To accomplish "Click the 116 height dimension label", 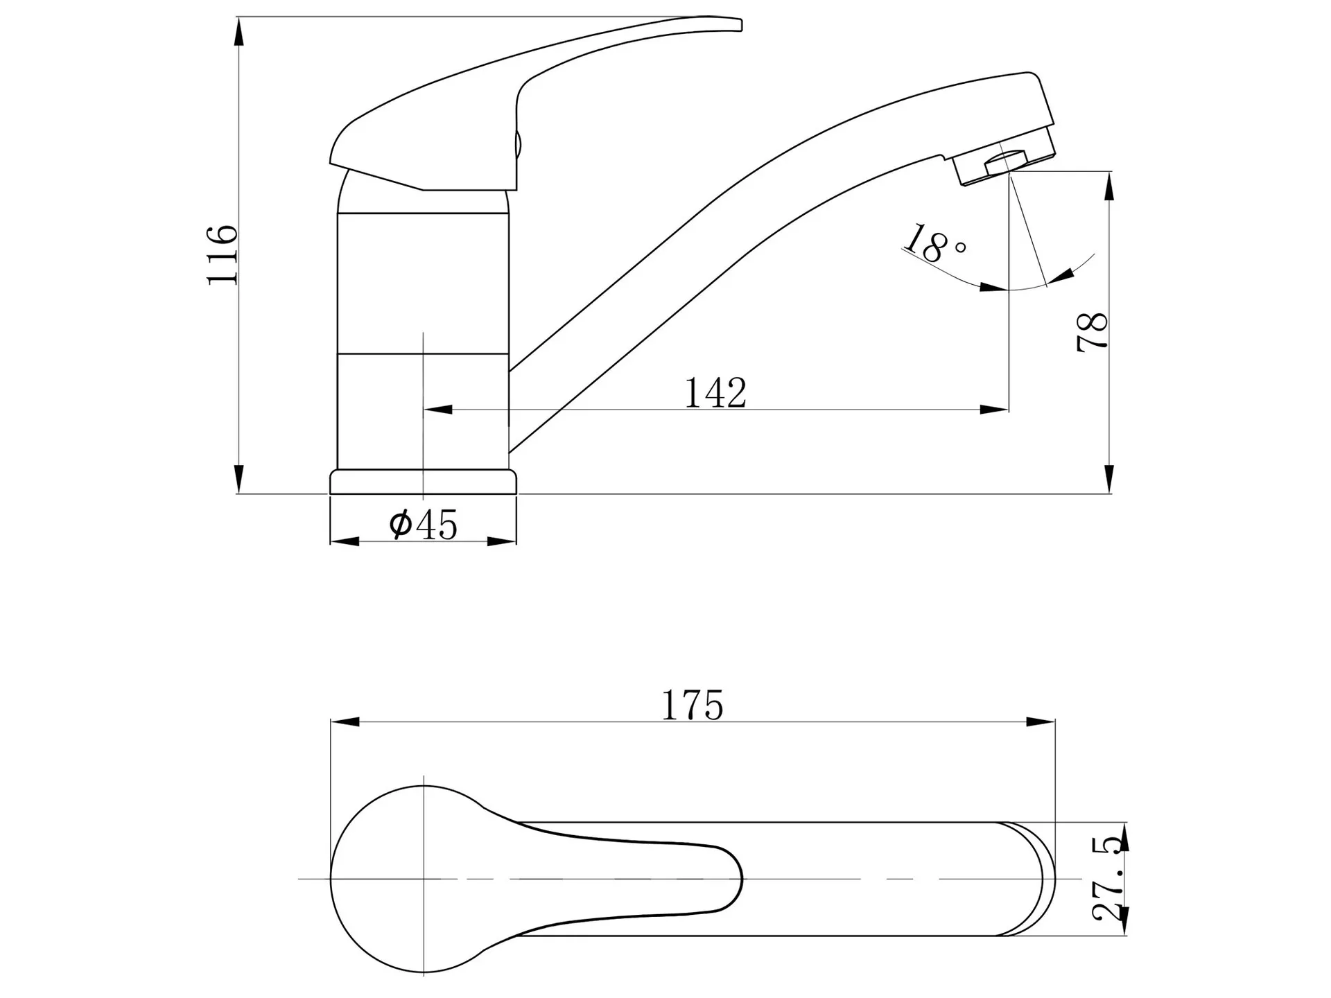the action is coord(223,254).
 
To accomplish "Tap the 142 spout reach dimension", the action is coord(715,393).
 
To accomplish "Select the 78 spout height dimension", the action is coord(1093,333).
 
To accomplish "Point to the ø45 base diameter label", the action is coord(424,524).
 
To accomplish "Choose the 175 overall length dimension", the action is coord(693,706).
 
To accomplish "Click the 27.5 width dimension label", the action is coord(1107,879).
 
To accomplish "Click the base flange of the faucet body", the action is coord(424,482).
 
